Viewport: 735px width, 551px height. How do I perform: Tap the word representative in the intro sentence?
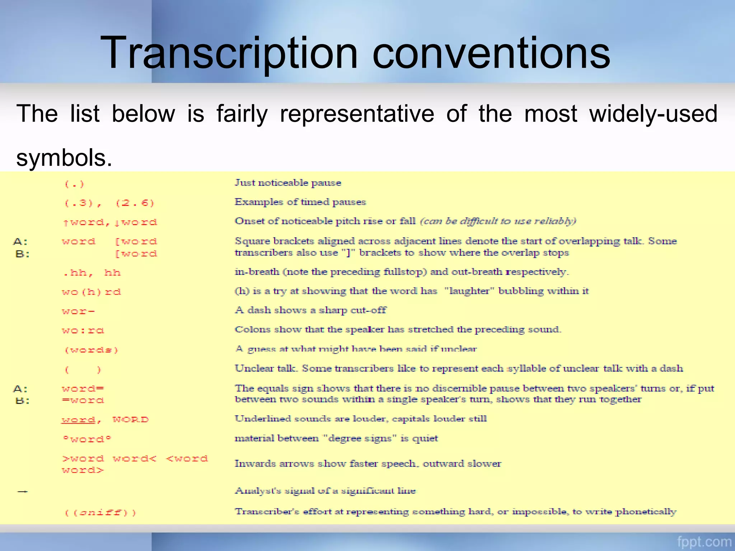coord(357,114)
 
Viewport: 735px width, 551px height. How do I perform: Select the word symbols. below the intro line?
coord(64,158)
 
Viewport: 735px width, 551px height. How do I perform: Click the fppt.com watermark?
coord(704,541)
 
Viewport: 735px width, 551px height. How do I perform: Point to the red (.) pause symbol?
coord(74,184)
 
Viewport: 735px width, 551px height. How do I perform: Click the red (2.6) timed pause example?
coord(135,203)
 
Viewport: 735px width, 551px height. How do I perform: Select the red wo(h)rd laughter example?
coord(91,292)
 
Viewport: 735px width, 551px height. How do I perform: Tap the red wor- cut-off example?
coord(78,311)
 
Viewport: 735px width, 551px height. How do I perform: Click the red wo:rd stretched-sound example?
coord(83,330)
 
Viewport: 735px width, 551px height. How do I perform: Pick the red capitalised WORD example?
coord(131,420)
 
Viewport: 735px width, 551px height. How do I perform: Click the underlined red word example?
coord(79,420)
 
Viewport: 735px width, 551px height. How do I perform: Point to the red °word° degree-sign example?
coord(87,439)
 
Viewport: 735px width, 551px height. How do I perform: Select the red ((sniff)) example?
coord(100,513)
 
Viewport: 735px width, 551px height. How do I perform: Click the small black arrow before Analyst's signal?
coord(23,491)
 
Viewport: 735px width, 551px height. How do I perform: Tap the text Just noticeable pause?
coord(288,183)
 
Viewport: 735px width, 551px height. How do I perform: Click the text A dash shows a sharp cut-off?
coord(310,310)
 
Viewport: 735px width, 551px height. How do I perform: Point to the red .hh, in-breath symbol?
coord(78,273)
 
